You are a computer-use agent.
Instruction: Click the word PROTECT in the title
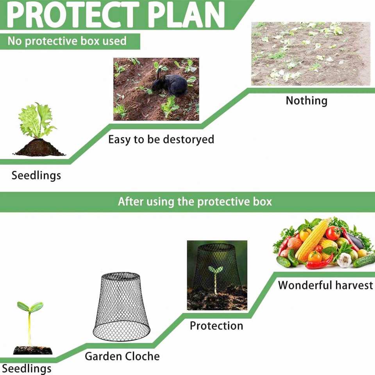(x=73, y=14)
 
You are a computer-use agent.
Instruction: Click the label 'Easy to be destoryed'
(x=161, y=139)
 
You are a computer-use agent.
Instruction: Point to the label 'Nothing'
(x=307, y=100)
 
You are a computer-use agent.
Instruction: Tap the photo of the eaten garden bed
(x=311, y=54)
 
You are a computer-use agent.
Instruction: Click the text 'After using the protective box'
(x=195, y=202)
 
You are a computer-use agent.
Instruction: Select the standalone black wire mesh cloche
(x=121, y=306)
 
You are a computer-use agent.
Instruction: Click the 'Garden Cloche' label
(x=122, y=356)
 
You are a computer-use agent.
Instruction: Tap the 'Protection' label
(x=216, y=326)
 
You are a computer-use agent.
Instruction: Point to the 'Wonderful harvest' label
(x=325, y=285)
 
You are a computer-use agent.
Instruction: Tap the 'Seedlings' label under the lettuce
(x=36, y=175)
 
